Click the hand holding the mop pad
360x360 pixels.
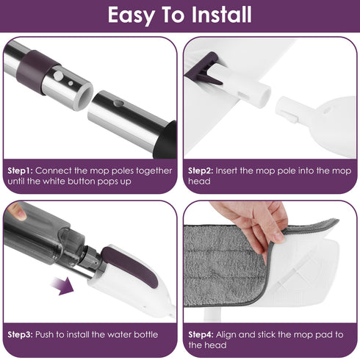click(257, 220)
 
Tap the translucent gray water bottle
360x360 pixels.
click(44, 235)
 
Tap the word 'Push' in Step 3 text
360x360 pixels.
click(48, 334)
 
